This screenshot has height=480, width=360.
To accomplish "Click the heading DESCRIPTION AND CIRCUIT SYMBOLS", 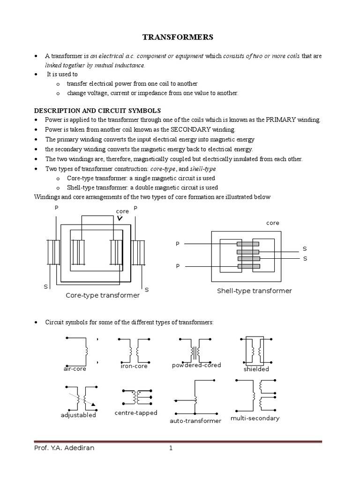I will [97, 111].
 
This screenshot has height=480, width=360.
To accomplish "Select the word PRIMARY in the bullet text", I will [283, 120].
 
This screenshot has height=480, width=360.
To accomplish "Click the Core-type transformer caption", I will [102, 295].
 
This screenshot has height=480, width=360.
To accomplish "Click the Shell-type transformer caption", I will [254, 291].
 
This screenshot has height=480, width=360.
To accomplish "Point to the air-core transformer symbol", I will [82, 351].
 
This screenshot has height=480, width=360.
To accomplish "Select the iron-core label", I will [134, 366].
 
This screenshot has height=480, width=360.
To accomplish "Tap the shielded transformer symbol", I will [256, 351].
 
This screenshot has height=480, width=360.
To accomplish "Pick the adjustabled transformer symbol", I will [81, 398].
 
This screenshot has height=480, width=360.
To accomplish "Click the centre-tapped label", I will [135, 412].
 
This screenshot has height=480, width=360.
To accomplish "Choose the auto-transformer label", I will [195, 421].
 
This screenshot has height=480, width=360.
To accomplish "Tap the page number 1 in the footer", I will [171, 448].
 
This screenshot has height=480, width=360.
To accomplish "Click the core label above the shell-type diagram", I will [272, 223].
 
